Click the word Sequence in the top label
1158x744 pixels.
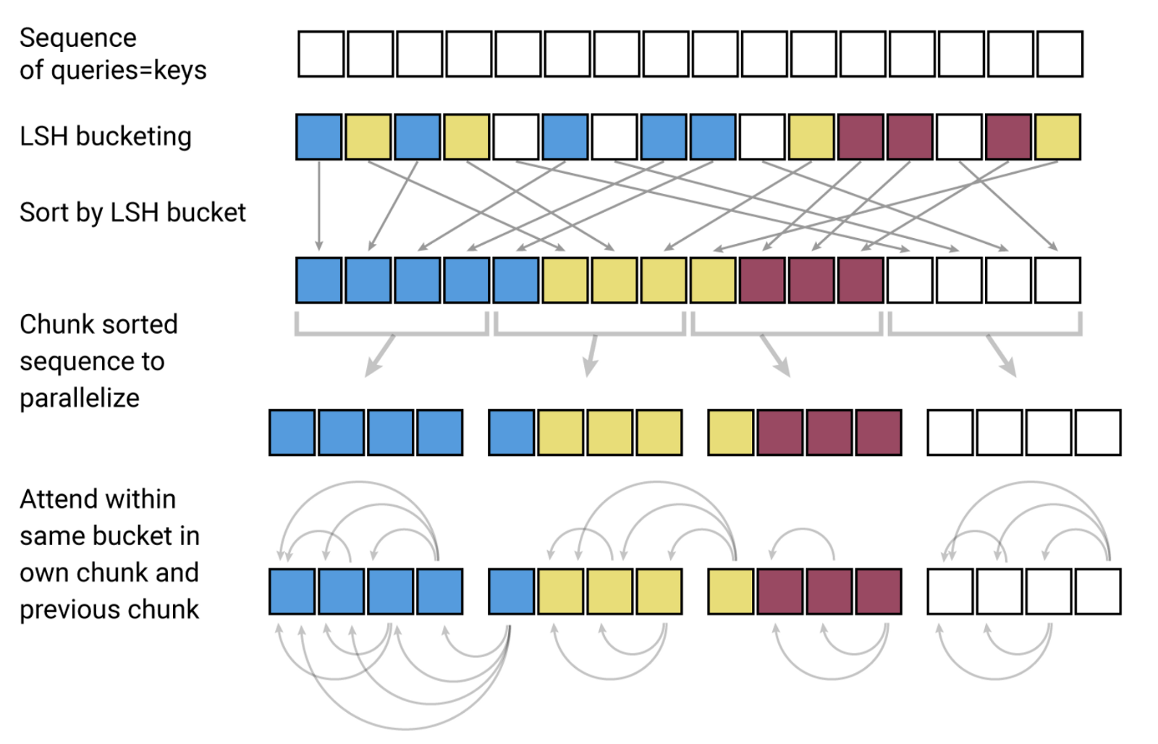tap(77, 38)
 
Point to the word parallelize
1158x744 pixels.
tap(80, 398)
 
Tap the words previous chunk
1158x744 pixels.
tap(109, 609)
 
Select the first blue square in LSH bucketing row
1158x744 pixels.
tap(319, 137)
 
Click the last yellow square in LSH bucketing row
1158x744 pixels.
tap(1057, 137)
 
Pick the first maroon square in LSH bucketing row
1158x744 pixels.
tap(861, 137)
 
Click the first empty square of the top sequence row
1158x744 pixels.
tap(321, 54)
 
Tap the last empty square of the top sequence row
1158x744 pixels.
tap(1060, 54)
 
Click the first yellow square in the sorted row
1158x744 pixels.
tap(565, 280)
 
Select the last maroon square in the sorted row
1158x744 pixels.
tap(861, 280)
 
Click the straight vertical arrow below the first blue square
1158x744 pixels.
tap(319, 206)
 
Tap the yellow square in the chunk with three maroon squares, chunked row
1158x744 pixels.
tap(731, 433)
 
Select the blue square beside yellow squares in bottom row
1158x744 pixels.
tap(512, 592)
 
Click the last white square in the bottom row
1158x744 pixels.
tap(1098, 592)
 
